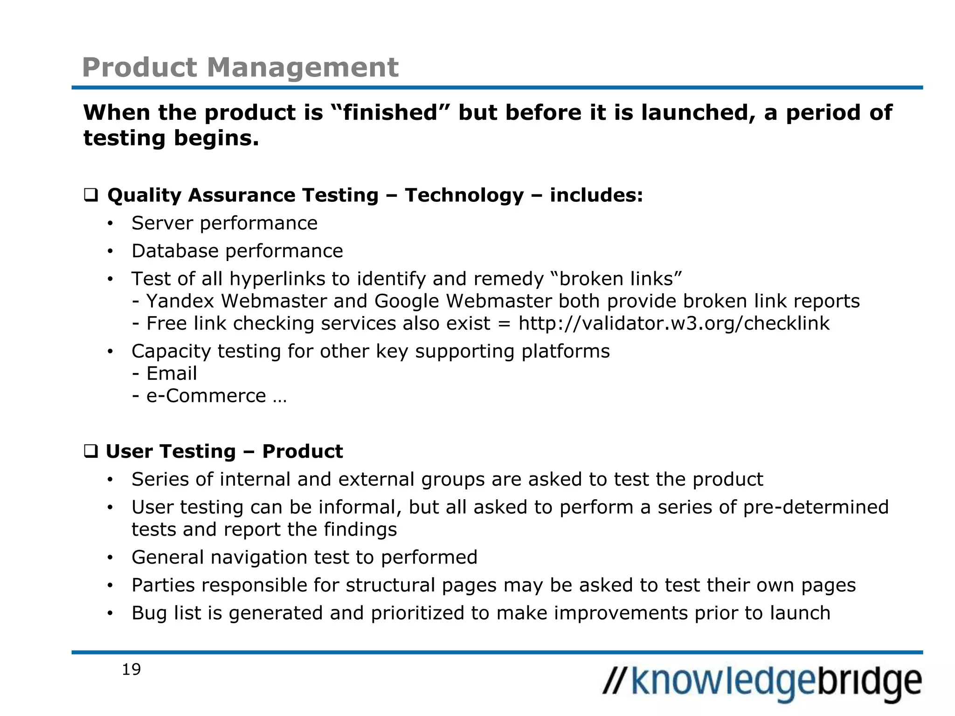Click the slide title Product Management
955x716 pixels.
(x=240, y=67)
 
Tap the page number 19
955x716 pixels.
(x=131, y=669)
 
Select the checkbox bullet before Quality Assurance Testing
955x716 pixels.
(x=90, y=195)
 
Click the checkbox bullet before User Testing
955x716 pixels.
(x=90, y=451)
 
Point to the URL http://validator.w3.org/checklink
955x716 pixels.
(x=674, y=324)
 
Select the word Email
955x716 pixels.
(x=172, y=373)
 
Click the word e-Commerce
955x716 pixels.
(x=206, y=396)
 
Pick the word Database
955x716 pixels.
(x=175, y=251)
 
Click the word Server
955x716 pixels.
(x=162, y=223)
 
